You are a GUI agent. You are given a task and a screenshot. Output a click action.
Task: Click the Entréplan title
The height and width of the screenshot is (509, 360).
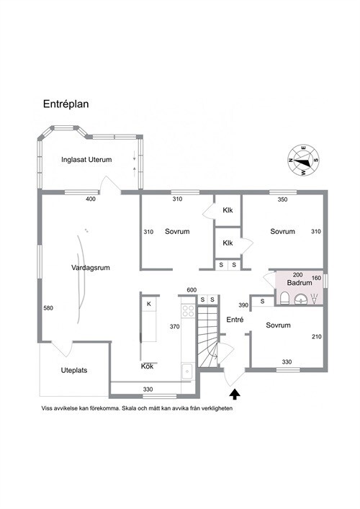point(66,104)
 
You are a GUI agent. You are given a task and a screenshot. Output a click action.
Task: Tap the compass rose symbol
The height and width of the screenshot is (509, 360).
point(304,161)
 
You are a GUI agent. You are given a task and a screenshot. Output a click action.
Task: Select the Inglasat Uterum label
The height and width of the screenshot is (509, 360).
point(86,160)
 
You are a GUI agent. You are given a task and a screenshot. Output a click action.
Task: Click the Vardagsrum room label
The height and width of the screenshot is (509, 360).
point(91,268)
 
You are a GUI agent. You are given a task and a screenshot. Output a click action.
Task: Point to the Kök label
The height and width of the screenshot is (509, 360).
point(147,366)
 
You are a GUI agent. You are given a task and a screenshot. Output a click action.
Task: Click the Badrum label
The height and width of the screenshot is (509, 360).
point(300,283)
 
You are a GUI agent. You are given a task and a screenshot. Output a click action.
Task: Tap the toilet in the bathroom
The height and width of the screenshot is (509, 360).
point(284,298)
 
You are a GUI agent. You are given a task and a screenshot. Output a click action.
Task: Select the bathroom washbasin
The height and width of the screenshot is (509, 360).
point(301,299)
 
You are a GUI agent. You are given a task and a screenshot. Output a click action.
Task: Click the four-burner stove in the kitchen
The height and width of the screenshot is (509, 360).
point(188,311)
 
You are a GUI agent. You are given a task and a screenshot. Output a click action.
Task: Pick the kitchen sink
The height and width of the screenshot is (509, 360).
point(187,371)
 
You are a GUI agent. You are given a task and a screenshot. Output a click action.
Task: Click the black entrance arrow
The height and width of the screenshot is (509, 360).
point(235,394)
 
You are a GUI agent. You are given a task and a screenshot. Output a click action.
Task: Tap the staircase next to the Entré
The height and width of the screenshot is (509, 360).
point(208,336)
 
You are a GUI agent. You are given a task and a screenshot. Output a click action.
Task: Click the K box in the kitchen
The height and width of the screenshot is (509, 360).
point(149,304)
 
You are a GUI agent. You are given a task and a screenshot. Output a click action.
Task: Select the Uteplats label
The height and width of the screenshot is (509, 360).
point(74,370)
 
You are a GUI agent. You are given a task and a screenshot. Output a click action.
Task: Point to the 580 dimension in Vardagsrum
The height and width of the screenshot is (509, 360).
point(48,308)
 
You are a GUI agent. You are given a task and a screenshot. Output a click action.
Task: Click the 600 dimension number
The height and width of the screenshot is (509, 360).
point(192,290)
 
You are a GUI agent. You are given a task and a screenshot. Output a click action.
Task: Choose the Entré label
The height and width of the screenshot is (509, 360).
point(235,320)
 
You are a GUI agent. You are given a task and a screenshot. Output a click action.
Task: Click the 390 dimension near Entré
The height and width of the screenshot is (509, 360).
point(243,305)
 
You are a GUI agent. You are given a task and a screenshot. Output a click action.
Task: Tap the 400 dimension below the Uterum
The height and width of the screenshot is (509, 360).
point(91,199)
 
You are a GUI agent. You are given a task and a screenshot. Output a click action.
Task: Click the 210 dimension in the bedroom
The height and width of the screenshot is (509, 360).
point(317,337)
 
